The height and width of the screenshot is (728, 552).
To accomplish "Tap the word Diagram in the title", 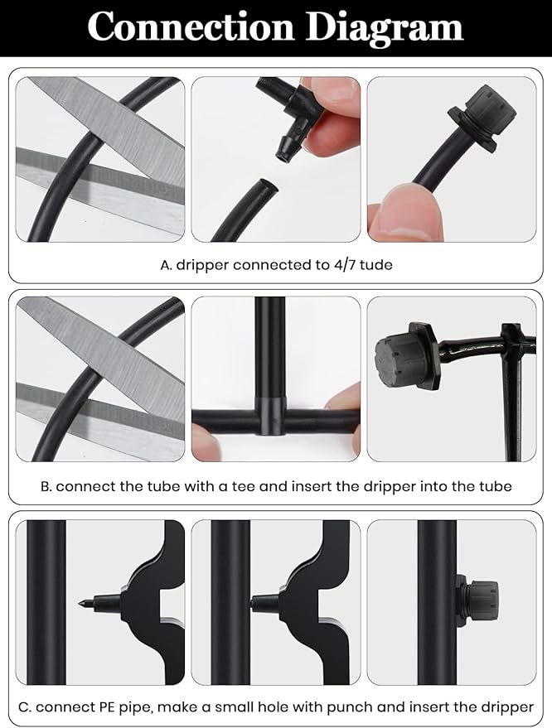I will tap(384, 27).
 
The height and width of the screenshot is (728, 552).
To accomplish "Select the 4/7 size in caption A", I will tap(338, 266).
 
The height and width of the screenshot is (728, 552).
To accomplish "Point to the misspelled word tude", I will tap(375, 266).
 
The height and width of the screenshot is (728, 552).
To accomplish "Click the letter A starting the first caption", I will tap(165, 266).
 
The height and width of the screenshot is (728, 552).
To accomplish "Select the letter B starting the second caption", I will tap(46, 486).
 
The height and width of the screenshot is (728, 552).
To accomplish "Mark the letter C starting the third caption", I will tap(24, 706).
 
